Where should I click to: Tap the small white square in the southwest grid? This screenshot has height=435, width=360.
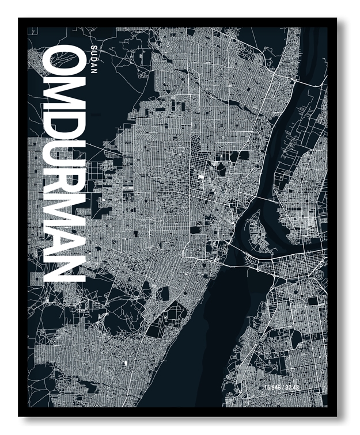(124, 363)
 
